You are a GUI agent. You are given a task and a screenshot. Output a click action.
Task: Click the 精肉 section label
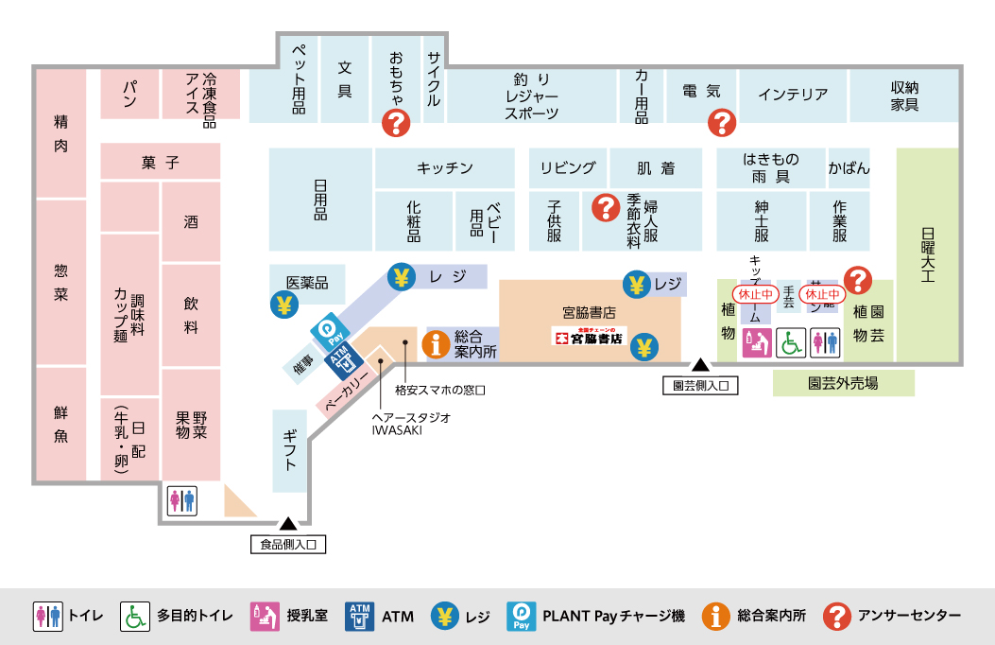[60, 133]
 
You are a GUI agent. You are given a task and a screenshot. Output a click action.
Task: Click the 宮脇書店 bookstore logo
[588, 336]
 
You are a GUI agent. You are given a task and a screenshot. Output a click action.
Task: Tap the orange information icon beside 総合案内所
[436, 343]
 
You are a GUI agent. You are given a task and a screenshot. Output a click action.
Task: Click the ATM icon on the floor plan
[342, 359]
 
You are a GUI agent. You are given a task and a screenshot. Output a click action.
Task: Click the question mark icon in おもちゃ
[395, 122]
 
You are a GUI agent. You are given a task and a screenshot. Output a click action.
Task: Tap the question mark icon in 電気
[722, 122]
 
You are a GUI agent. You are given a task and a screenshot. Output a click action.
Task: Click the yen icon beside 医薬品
[283, 305]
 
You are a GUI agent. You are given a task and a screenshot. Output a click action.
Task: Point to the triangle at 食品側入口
[287, 522]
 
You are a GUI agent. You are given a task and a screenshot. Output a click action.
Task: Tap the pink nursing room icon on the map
[757, 342]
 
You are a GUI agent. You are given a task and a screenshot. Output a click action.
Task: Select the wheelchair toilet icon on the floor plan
[791, 342]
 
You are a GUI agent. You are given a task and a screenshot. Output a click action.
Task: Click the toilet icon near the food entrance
[182, 500]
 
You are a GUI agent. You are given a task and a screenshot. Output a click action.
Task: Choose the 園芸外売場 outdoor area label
[843, 383]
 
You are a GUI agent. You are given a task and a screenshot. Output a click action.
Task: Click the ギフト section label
[290, 450]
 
